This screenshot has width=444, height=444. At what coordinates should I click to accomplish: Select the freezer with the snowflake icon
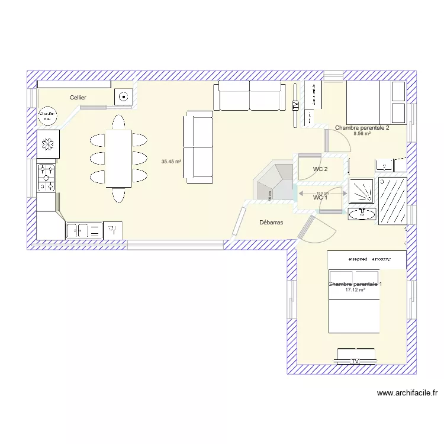coord(47,144)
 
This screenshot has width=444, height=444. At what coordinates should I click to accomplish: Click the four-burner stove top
coord(46,176)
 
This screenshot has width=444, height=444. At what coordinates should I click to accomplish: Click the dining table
coord(118,158)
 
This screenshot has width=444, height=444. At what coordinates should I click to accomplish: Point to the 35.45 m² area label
coord(171,161)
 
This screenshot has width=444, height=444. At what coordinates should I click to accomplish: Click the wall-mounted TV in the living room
coord(295,105)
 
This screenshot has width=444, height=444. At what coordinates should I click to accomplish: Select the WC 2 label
coord(320,169)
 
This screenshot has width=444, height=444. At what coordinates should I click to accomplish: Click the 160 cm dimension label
coord(321,193)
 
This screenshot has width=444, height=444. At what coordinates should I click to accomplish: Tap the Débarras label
coord(272,223)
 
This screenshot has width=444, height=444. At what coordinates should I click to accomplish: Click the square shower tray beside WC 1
coord(361,190)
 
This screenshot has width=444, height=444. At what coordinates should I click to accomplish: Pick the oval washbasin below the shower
coord(361,213)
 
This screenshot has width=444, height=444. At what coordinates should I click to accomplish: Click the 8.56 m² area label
coord(362,134)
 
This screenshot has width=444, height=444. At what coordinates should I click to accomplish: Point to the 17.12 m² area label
coord(355,290)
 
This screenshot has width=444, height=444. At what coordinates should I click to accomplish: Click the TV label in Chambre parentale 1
coord(356,361)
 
